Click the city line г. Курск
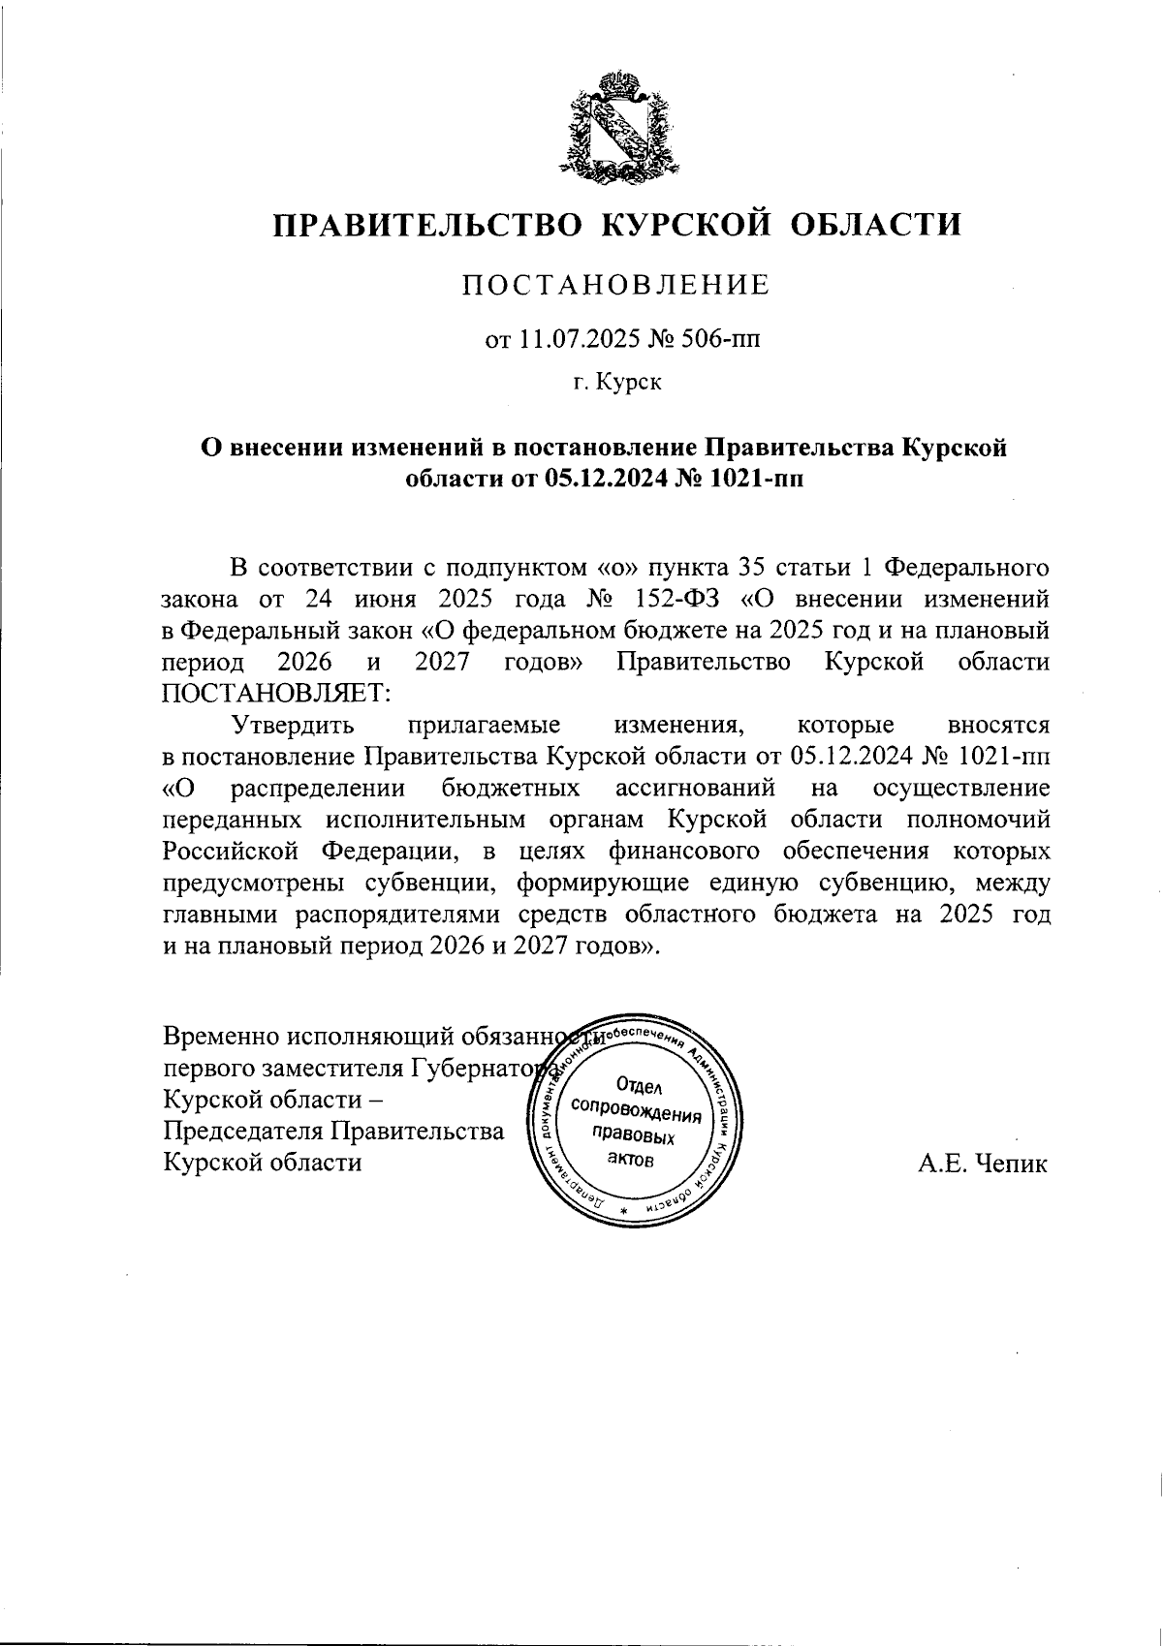click(616, 383)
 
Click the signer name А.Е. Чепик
click(983, 1164)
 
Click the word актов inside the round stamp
click(636, 1160)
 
